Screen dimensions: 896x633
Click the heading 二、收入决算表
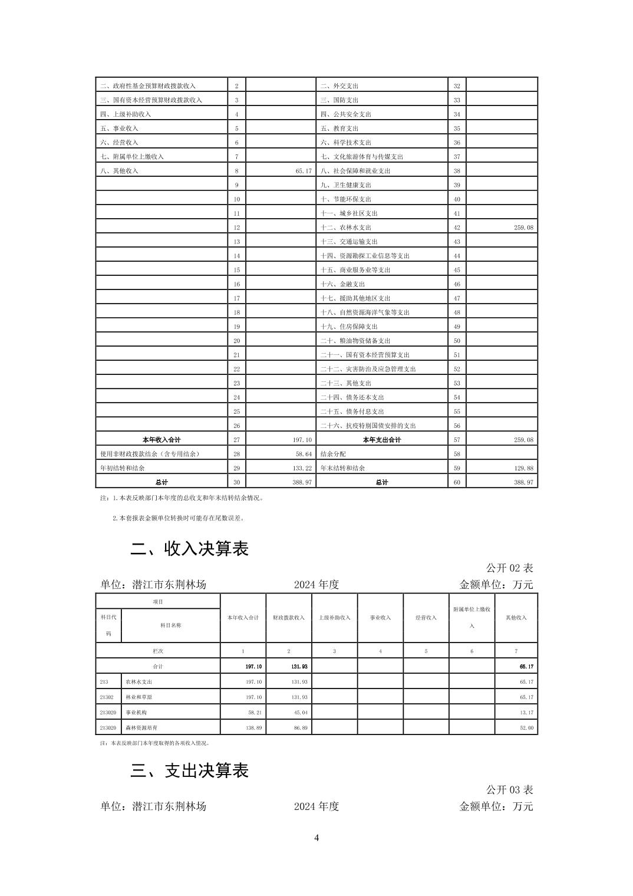(189, 549)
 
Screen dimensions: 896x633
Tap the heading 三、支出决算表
(189, 770)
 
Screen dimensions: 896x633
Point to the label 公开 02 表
(509, 568)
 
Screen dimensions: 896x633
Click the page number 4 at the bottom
(316, 838)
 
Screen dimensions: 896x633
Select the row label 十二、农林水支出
(346, 228)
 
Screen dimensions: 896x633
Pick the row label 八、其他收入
(119, 171)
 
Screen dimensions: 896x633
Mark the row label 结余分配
(333, 454)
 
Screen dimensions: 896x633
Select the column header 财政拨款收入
(288, 618)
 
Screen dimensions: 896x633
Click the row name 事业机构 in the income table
(136, 713)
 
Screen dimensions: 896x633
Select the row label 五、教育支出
(339, 129)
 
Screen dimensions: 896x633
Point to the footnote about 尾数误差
(178, 518)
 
